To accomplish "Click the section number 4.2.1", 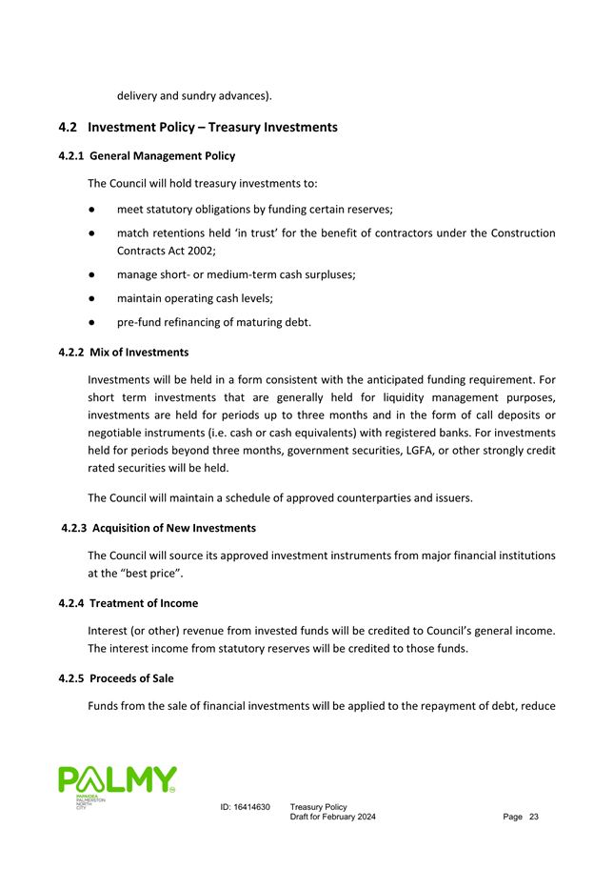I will tap(74, 155).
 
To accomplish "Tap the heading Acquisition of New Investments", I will tap(174, 527).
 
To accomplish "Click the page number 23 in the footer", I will tap(533, 818).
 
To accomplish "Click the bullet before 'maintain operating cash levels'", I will tap(89, 298).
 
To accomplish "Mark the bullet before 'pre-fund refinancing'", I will tap(89, 323).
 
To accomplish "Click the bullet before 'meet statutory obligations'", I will tap(89, 208).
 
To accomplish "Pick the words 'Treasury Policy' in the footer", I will tap(318, 807).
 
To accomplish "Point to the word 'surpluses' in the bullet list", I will tap(323, 273).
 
